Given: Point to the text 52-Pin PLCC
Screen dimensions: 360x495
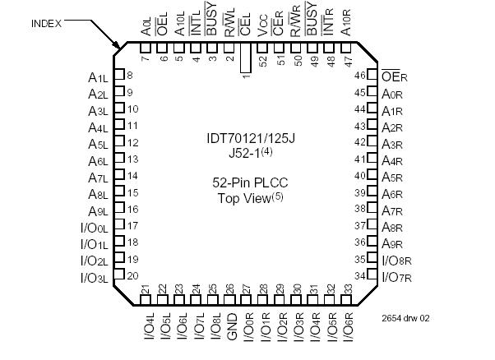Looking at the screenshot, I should (x=247, y=183).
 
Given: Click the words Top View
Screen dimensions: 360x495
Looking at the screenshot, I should (x=247, y=198).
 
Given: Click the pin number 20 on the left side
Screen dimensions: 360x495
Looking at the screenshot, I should (x=132, y=276).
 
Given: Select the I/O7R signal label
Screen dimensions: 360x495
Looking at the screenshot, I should (x=396, y=275).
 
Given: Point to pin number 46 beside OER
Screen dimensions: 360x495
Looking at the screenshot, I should (x=359, y=76).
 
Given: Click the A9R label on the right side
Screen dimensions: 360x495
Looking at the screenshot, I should (x=392, y=243).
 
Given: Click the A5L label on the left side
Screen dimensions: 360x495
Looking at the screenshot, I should (x=98, y=142).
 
